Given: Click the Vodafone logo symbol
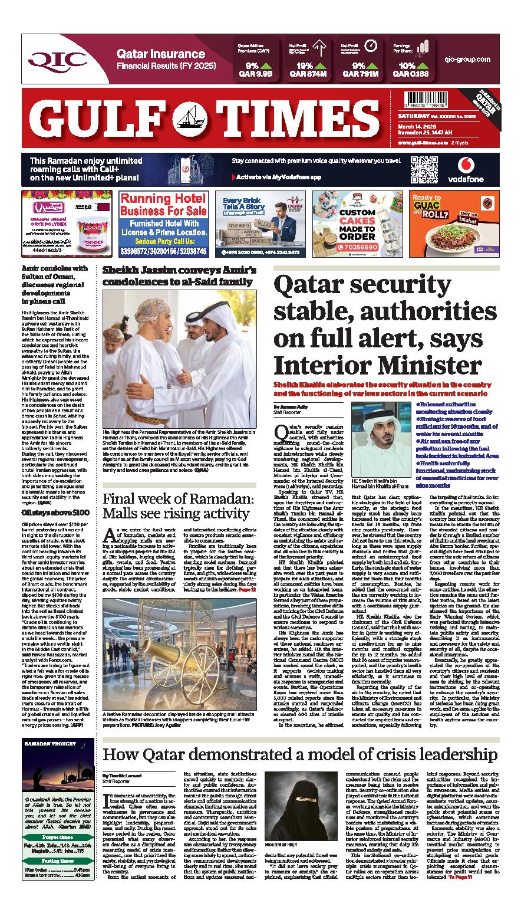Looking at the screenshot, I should pyautogui.click(x=465, y=165).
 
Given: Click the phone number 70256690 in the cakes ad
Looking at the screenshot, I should pyautogui.click(x=364, y=247).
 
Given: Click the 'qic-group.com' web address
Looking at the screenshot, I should pyautogui.click(x=468, y=60).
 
